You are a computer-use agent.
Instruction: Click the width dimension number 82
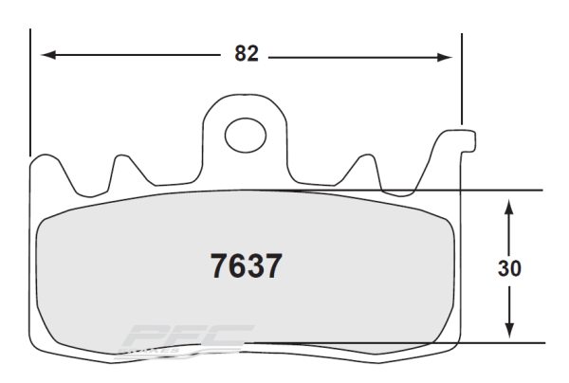click(x=247, y=55)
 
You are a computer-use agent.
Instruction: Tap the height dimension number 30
click(x=509, y=268)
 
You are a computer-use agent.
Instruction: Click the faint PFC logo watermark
click(x=185, y=343)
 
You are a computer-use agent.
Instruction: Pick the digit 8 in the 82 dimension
click(x=240, y=55)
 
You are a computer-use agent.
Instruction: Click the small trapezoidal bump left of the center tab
click(x=121, y=166)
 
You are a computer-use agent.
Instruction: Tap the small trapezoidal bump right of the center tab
click(x=363, y=166)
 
